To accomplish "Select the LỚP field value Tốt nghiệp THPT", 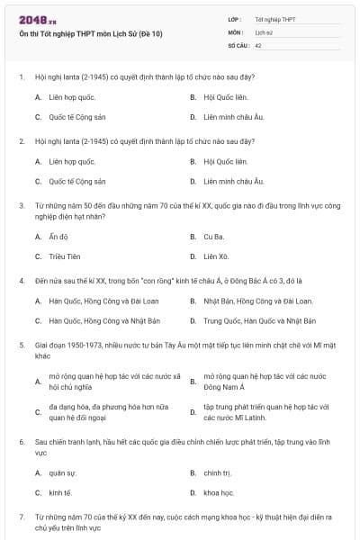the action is pos(274,19).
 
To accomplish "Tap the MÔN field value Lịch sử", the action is pos(265,31).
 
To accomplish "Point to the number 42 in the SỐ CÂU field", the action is pos(259,44).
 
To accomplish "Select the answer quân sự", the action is pos(63,472).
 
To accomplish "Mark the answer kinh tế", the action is pos(60,492).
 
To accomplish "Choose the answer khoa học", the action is pos(219,492).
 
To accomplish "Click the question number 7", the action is pos(21,517).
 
